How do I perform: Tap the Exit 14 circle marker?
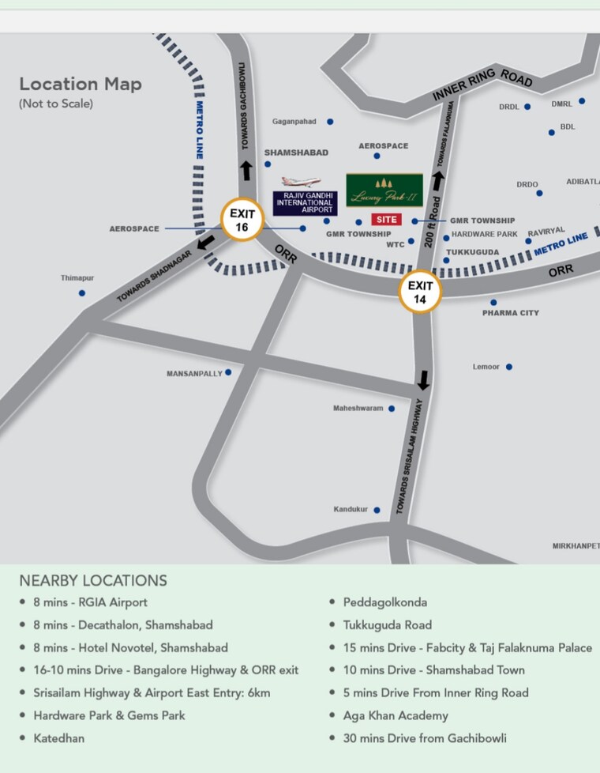(x=421, y=292)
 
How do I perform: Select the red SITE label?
(x=386, y=219)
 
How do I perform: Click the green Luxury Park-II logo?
(x=384, y=190)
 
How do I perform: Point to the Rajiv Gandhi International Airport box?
(x=305, y=203)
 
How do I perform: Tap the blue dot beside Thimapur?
(x=82, y=293)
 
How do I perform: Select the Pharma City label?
(x=511, y=313)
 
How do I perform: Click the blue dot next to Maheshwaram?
(x=392, y=409)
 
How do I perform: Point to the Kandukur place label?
(x=351, y=510)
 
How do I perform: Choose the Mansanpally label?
(x=194, y=373)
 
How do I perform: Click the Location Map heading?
(x=81, y=84)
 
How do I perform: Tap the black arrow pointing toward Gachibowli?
(x=246, y=170)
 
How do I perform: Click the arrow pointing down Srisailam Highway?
(x=424, y=380)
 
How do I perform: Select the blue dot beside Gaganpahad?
(x=330, y=122)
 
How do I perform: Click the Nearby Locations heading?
(x=93, y=580)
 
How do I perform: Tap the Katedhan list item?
(x=58, y=738)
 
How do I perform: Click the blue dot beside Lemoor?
(x=509, y=367)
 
